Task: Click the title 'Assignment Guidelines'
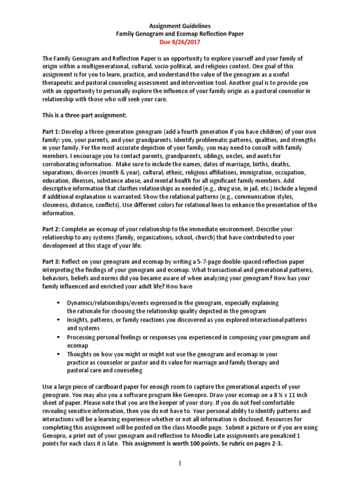pyautogui.click(x=180, y=26)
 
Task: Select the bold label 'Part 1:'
pyautogui.click(x=51, y=132)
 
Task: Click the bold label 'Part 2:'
pyautogui.click(x=51, y=229)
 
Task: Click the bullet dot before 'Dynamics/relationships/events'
pyautogui.click(x=57, y=303)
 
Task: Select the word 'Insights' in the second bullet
pyautogui.click(x=78, y=319)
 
